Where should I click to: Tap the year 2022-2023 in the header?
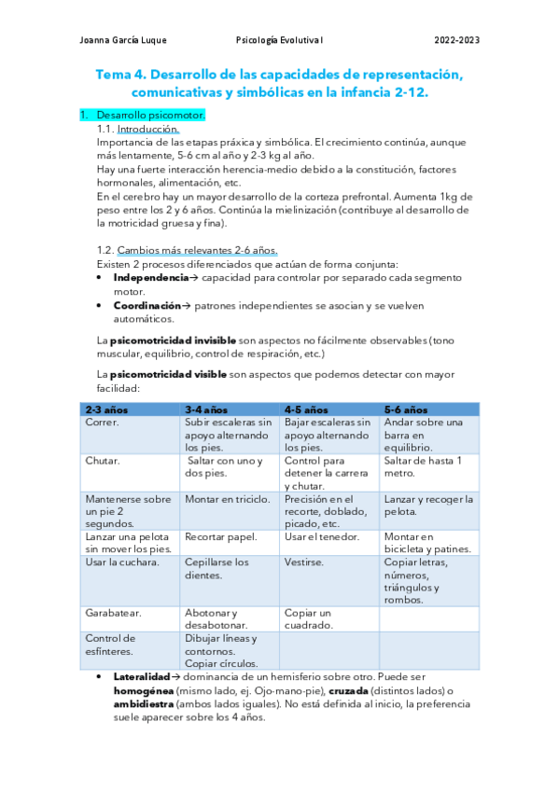click(457, 39)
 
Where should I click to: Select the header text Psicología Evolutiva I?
click(279, 39)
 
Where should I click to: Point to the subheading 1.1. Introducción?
click(138, 129)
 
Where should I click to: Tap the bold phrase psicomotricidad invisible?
click(172, 341)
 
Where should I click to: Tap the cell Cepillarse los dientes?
click(217, 569)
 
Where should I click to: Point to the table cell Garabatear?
click(113, 613)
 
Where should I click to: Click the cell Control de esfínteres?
click(109, 645)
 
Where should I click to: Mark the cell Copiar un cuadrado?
click(309, 619)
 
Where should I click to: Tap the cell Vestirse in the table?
click(304, 562)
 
